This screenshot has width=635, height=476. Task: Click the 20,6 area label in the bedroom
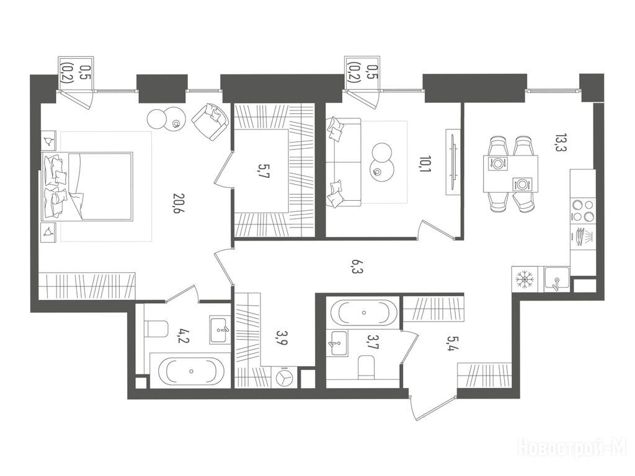(175, 203)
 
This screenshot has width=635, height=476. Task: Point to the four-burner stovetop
(582, 211)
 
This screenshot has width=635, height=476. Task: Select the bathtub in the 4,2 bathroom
(191, 371)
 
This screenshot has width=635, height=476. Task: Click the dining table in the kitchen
(510, 174)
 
